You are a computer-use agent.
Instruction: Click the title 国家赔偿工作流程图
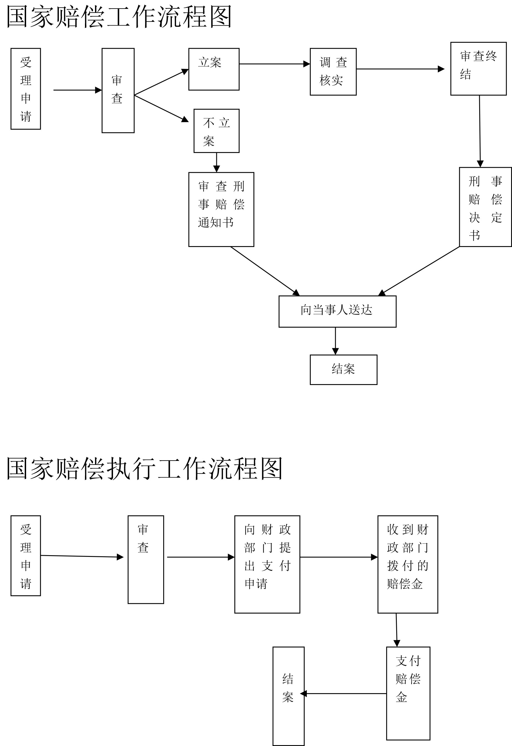pos(119,17)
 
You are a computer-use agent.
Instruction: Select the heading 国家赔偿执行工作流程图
pos(144,468)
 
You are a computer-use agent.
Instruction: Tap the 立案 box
pos(214,69)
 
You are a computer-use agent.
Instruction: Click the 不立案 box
pos(217,131)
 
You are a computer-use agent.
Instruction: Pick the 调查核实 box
pos(333,72)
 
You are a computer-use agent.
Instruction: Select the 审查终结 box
pos(478,68)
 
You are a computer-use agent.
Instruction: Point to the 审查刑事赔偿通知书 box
pos(221,209)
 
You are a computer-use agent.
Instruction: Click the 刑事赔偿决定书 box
pos(485,207)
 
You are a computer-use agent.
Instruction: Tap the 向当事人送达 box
pos(337,311)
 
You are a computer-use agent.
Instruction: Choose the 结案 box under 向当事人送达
pos(343,369)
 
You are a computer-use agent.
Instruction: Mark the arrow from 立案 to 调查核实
pos(274,64)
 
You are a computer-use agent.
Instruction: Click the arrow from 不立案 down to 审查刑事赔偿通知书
pos(217,162)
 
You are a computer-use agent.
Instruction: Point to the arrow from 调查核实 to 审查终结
pos(400,69)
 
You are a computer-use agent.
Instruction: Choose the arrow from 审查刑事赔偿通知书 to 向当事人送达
pos(265,271)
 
